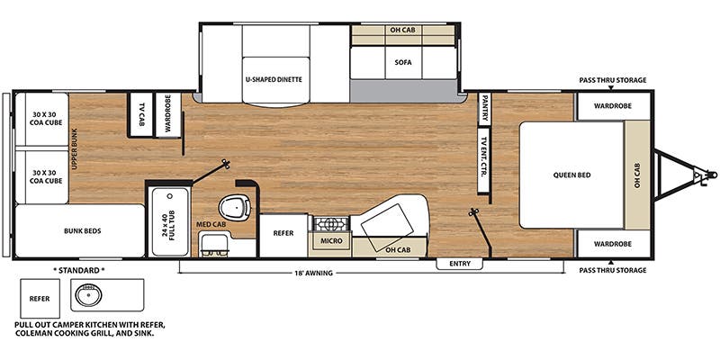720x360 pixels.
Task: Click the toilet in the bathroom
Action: click(235, 208)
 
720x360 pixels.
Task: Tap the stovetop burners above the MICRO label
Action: click(330, 223)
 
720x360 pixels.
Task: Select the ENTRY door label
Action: click(460, 264)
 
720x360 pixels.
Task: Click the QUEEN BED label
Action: click(571, 175)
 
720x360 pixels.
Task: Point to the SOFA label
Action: click(403, 62)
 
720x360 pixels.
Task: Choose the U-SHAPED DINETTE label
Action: click(274, 79)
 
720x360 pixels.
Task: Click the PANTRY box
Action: click(484, 109)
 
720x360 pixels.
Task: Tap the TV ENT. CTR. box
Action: click(484, 160)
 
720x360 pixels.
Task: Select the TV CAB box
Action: click(141, 115)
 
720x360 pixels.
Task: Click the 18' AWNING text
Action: click(313, 274)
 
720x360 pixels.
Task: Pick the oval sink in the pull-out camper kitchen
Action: click(88, 295)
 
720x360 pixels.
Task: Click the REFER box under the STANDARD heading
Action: click(40, 299)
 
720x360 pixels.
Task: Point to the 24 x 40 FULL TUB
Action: click(170, 221)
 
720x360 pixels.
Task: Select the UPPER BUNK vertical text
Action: click(75, 149)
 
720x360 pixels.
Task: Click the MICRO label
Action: click(332, 240)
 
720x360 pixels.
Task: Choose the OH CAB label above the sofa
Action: click(402, 30)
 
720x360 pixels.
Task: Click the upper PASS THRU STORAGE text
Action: click(613, 80)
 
